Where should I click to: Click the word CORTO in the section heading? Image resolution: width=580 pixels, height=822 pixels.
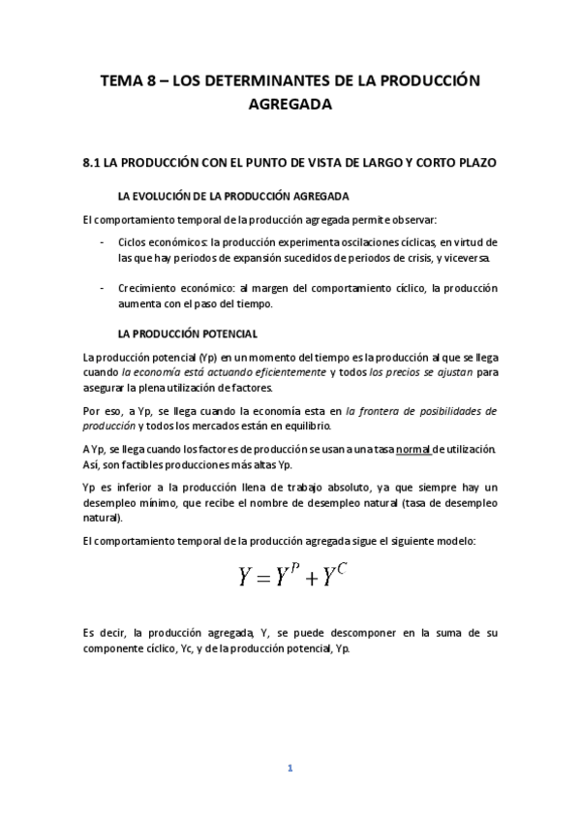[441, 163]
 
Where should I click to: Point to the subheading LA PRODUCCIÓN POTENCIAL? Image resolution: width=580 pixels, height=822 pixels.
[187, 334]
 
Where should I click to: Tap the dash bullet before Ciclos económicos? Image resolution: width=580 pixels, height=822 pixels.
[103, 241]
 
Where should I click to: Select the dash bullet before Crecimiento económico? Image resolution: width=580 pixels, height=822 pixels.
[103, 288]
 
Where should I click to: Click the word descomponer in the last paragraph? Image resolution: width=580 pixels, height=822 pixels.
[346, 633]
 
